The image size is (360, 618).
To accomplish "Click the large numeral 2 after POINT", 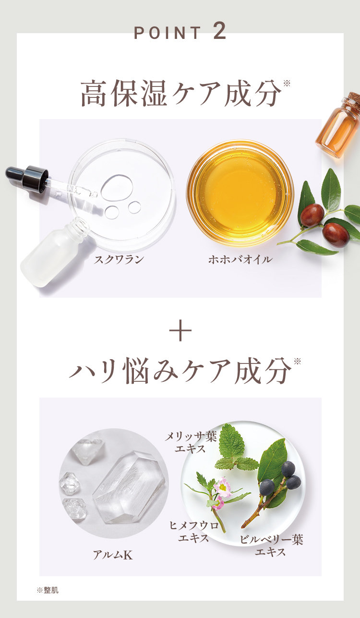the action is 219,31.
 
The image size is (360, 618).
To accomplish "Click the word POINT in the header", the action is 168,33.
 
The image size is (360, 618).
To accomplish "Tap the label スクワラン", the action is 119,259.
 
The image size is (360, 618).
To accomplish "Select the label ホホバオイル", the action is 240,259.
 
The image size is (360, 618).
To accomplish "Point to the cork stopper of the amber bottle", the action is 353,99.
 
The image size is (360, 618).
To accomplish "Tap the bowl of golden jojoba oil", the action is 240,193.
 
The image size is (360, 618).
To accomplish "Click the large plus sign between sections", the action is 180,330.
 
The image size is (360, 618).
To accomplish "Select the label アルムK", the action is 113,555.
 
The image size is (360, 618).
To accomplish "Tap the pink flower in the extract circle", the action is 222,488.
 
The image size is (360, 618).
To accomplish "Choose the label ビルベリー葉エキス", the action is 271,545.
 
